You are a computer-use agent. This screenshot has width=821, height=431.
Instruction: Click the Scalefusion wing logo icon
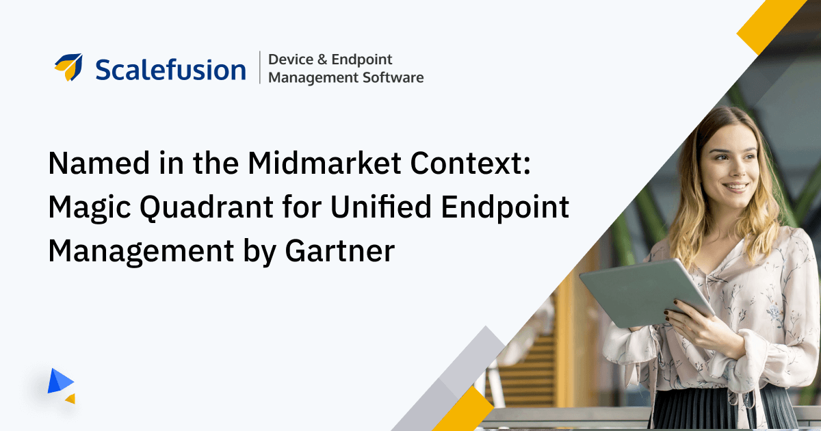coord(68,67)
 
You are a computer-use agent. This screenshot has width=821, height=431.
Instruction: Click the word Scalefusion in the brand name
coord(170,69)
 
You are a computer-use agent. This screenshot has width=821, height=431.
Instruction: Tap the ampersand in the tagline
coord(322,60)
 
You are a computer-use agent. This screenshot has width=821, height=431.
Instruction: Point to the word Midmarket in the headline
coord(324,163)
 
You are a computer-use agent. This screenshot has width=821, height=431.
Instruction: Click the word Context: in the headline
coord(470,163)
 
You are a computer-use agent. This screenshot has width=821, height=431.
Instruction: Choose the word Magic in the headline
coord(90,208)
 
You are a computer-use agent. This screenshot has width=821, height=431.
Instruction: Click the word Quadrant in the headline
coord(207,207)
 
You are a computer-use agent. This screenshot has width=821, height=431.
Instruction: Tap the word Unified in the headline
coord(381,207)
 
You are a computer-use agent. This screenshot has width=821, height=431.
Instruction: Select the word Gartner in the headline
coord(340,250)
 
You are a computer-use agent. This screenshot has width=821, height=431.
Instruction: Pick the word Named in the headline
coord(99,163)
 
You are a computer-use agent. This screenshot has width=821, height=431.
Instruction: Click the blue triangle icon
coord(60,381)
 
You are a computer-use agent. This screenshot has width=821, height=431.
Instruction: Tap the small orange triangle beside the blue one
coord(70,399)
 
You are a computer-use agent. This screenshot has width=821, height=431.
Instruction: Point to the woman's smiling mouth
coord(735,187)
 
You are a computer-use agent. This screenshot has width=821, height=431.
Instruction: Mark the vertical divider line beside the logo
coord(260,68)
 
